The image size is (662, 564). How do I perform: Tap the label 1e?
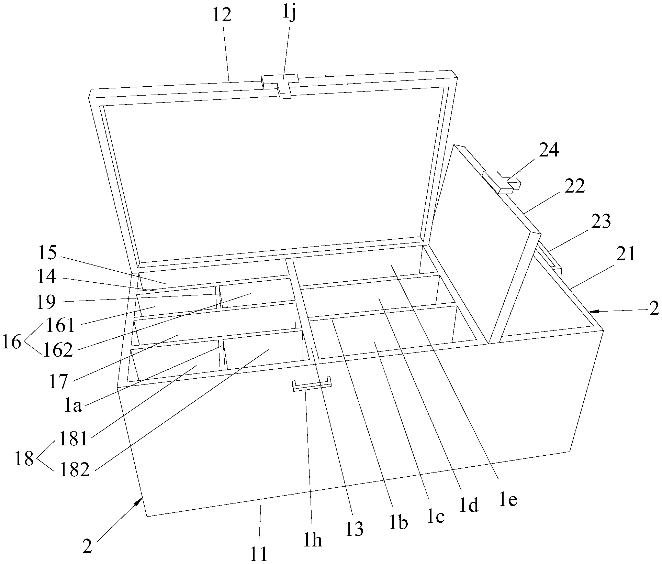click(507, 500)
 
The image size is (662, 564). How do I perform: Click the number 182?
click(74, 470)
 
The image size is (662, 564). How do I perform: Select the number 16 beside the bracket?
click(12, 343)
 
